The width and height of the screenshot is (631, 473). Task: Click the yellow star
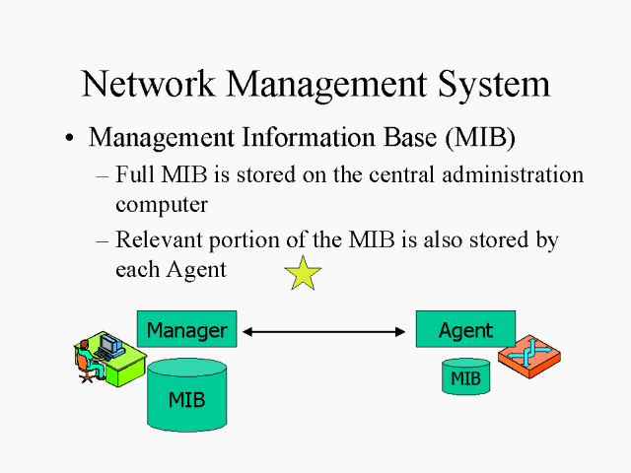(304, 273)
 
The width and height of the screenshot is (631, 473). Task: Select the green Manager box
(187, 329)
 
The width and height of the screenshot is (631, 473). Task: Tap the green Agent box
(466, 329)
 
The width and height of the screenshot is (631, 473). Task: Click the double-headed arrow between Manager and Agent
(326, 332)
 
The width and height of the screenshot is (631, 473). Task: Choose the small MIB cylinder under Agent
(465, 376)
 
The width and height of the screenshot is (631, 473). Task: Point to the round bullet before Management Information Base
(69, 140)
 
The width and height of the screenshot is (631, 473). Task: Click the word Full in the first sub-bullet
(134, 175)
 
